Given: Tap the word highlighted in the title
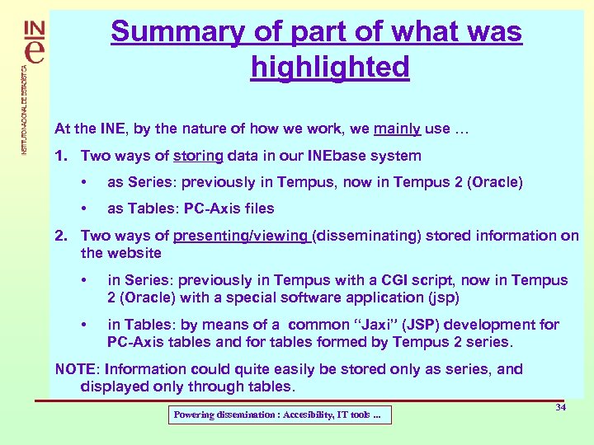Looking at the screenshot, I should tap(330, 67).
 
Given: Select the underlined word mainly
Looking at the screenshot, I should tap(397, 129).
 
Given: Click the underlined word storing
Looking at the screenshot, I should tap(198, 156).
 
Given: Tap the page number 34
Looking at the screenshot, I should tap(561, 408).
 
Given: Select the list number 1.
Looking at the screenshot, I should tap(59, 156).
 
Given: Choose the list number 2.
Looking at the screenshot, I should tap(59, 236).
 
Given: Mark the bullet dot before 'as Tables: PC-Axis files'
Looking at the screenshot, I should tap(85, 208).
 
